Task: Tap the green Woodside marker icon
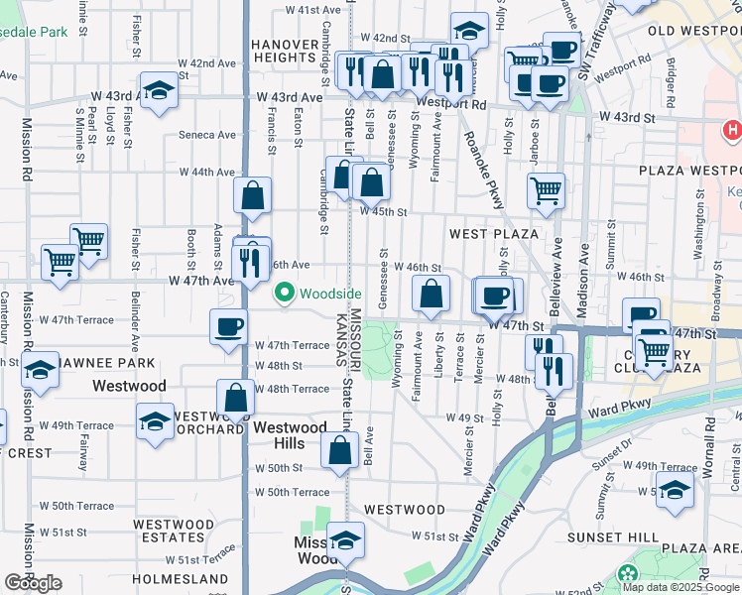[286, 294]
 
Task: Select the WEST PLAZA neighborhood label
[493, 234]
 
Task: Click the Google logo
[33, 583]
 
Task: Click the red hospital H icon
[733, 130]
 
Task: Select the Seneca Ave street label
[207, 135]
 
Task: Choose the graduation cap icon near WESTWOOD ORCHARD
[156, 420]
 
